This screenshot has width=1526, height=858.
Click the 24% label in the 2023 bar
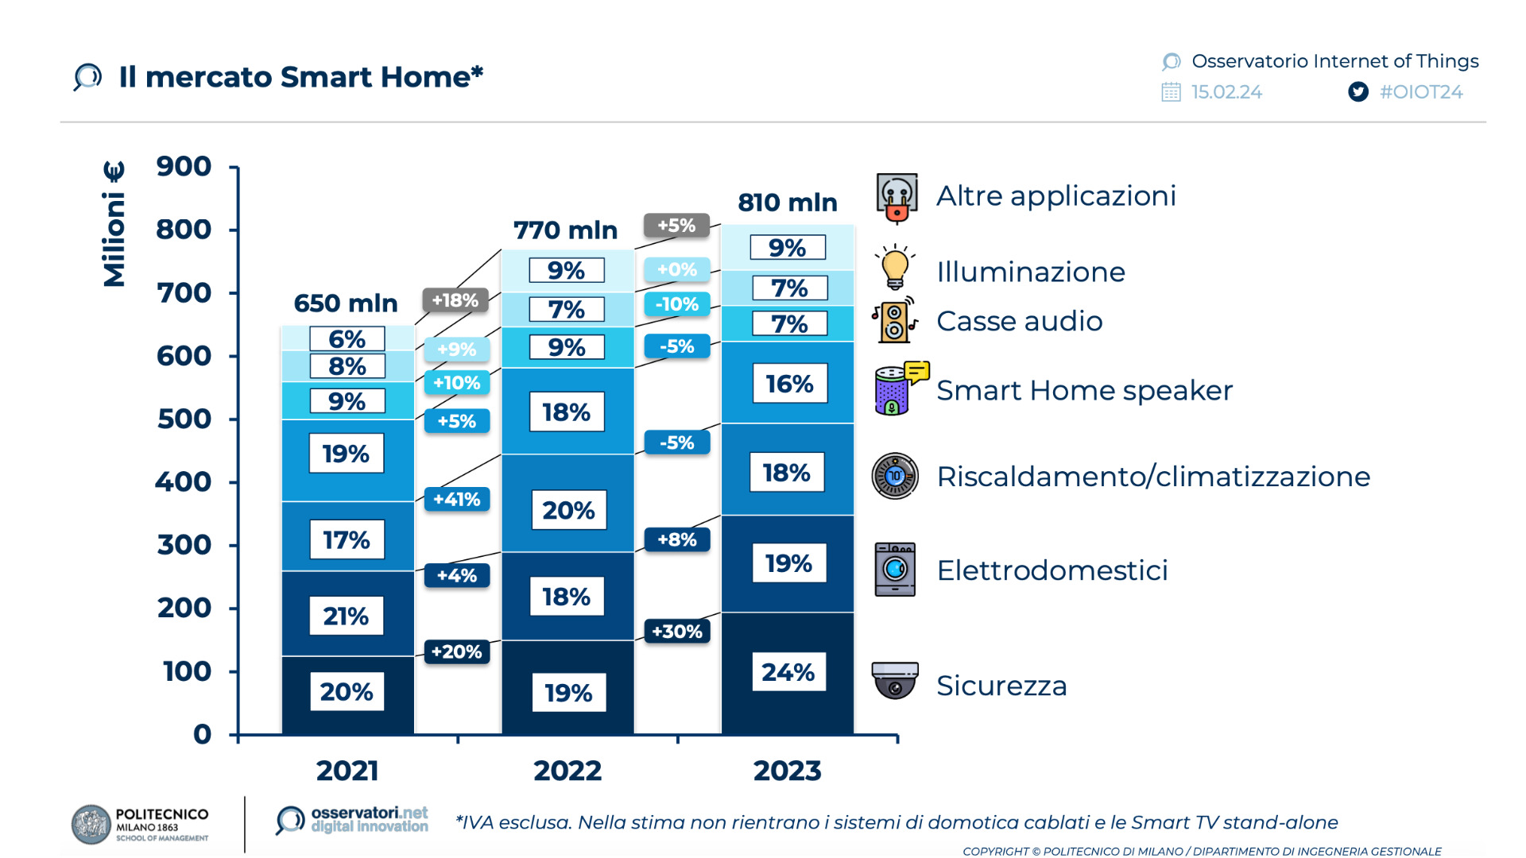pos(788,672)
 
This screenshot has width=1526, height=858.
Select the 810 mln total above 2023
pos(787,203)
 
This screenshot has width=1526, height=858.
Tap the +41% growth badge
pos(457,500)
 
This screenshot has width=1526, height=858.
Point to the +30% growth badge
pos(677,632)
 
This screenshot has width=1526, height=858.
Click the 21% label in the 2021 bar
pos(346,616)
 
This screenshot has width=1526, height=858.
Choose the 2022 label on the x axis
pos(567,771)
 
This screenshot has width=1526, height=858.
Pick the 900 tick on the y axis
pos(184,167)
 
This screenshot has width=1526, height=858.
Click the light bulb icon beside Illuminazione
pos(895,267)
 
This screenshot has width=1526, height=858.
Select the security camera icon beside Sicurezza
pos(895,680)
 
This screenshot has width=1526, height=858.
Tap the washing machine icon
pos(895,569)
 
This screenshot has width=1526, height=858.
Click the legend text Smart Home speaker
pos(1084,391)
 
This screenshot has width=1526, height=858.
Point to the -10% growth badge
pos(677,304)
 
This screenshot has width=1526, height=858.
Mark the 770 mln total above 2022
pos(565,230)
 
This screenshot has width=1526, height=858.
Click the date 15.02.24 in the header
pos(1226,92)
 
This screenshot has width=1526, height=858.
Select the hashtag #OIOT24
pos(1421,92)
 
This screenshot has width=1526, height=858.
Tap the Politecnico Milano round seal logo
pos(91,824)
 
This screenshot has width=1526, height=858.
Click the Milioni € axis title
pos(114,224)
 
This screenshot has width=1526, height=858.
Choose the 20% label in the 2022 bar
pos(568,510)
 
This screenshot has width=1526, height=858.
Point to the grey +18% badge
pos(455,300)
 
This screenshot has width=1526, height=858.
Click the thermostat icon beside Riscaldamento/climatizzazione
pos(895,476)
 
